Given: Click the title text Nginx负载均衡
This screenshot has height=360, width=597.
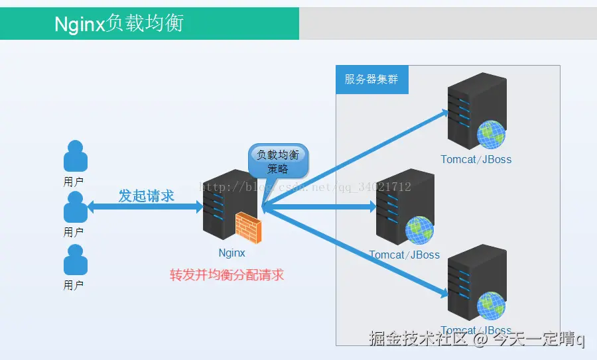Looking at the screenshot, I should point(118,24).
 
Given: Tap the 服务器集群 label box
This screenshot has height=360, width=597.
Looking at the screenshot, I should point(371,80).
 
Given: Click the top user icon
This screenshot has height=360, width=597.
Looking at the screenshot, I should point(75,156).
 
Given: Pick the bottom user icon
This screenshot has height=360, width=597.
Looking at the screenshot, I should point(75,260).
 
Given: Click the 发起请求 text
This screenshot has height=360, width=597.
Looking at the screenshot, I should point(146,196).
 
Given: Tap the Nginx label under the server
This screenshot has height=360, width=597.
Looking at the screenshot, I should point(232,253).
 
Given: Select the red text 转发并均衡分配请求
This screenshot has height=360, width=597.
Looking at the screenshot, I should point(227,274).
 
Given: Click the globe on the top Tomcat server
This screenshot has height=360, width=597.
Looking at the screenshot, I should point(491,135).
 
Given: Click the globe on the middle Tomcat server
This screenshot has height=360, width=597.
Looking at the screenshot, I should point(420,230).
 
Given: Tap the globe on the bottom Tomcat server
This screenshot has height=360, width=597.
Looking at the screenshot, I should point(492,306).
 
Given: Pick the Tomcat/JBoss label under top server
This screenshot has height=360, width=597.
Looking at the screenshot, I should point(476,159).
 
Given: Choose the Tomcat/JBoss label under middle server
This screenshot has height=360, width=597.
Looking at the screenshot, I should point(405,255).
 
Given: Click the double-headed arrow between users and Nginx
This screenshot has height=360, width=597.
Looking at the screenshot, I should point(145,208).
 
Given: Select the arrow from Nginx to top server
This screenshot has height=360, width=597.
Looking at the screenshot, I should point(358,157).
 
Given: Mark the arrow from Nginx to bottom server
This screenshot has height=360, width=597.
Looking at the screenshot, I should point(358,252).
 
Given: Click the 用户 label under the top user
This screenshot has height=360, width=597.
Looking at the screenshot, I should point(74,182).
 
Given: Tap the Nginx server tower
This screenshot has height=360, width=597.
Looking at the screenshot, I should point(221,206).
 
